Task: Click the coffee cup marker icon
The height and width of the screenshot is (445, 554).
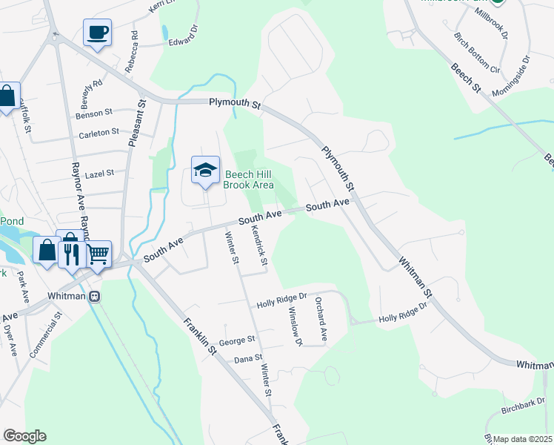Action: coord(97,33)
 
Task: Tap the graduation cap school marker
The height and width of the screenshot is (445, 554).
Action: coord(205,171)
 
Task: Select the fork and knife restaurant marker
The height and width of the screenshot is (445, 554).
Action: coord(72,254)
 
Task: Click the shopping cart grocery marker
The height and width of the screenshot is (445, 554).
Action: coord(98,254)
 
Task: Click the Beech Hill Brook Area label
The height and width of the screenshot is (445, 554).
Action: coord(249,179)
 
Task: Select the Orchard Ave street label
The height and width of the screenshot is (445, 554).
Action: coord(321,320)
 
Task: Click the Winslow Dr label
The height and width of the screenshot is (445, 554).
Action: coord(296,326)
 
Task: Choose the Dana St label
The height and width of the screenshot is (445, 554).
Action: coord(248,358)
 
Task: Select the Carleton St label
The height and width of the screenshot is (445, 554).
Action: coord(99,132)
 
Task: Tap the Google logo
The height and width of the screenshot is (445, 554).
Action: coord(24,436)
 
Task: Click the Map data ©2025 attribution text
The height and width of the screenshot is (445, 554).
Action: coord(523,439)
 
